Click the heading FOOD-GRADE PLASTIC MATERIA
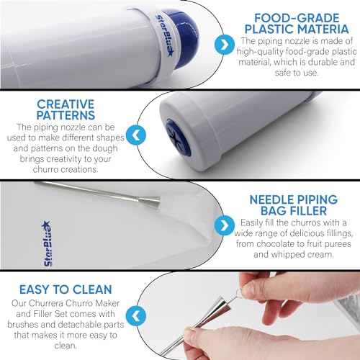[297, 24]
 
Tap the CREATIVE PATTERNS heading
[66, 109]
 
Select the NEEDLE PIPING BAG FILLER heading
[294, 205]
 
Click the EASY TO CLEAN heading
[66, 289]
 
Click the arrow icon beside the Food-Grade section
[225, 45]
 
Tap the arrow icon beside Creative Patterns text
[136, 135]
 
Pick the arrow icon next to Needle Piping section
[225, 225]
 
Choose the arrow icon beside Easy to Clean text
[136, 316]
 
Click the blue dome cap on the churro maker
[184, 38]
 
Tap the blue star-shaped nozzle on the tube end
[178, 138]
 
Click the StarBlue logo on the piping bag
[47, 243]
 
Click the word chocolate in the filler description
[270, 244]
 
